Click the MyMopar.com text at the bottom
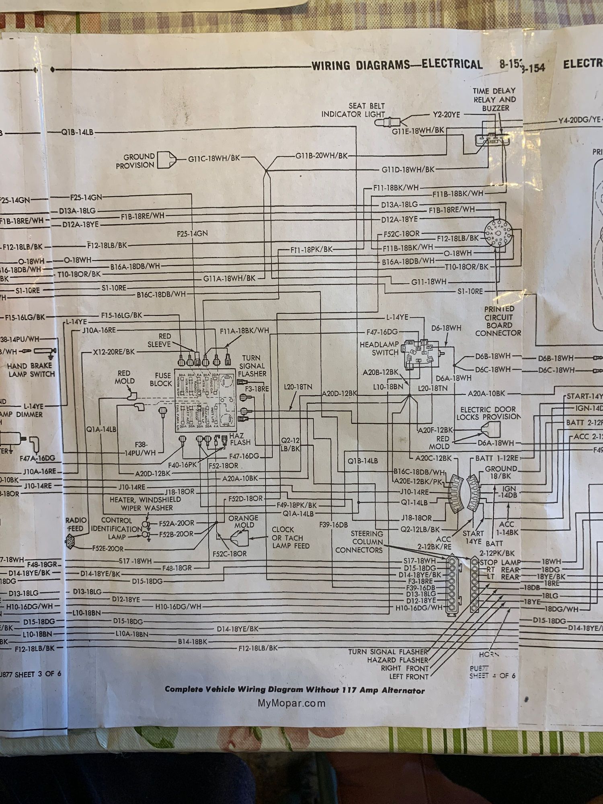291,703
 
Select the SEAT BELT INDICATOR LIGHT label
353,110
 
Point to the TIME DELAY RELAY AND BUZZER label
494,99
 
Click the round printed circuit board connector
498,234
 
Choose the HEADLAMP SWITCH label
379,348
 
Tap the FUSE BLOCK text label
161,379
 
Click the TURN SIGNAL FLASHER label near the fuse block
252,365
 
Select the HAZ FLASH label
240,439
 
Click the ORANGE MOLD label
243,521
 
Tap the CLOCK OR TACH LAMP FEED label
290,537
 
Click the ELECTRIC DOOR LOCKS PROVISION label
488,413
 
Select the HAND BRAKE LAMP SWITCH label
31,370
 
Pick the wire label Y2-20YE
446,115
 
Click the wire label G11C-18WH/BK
214,158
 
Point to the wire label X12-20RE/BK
114,352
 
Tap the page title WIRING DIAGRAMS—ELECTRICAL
397,65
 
